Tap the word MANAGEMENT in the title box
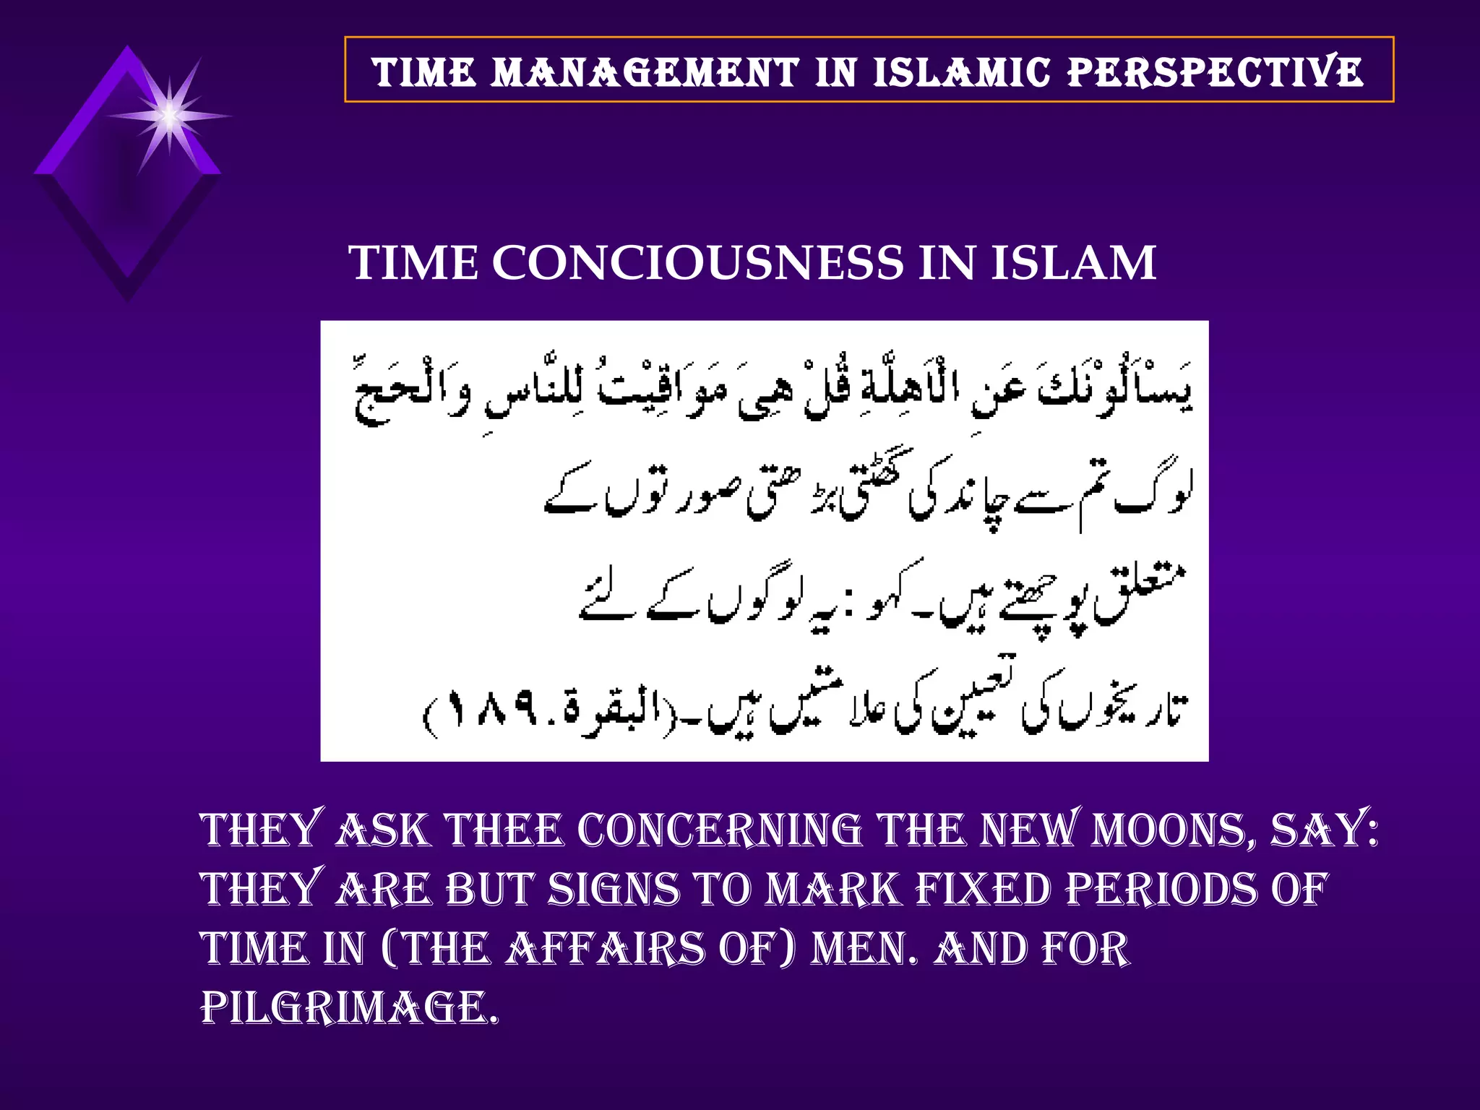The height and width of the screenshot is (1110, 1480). pyautogui.click(x=645, y=72)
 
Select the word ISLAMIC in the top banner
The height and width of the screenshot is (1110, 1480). pyautogui.click(x=961, y=72)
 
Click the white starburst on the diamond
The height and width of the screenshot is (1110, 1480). pyautogui.click(x=169, y=116)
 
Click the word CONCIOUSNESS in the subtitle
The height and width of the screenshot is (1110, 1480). pyautogui.click(x=697, y=262)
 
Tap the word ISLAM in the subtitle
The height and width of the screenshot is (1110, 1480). pyautogui.click(x=1073, y=262)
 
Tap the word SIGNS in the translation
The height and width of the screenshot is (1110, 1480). pyautogui.click(x=614, y=889)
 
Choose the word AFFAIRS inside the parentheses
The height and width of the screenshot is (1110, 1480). pyautogui.click(x=604, y=949)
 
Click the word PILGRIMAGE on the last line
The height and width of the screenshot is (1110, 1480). pyautogui.click(x=349, y=1008)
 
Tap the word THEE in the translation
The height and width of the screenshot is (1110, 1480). pyautogui.click(x=504, y=830)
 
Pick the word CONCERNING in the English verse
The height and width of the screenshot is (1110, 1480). pyautogui.click(x=720, y=830)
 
